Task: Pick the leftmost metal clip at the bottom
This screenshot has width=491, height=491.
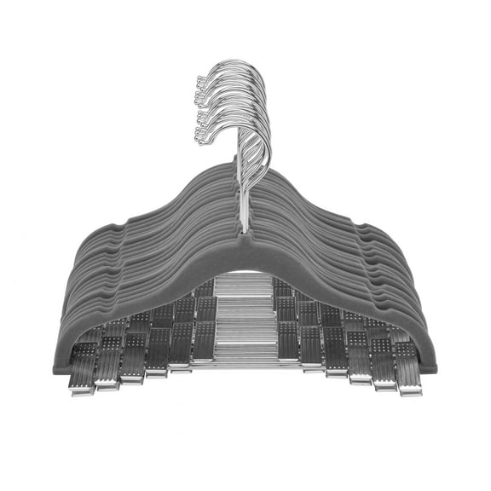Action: tap(82, 375)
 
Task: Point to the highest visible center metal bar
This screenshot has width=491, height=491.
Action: tap(244, 278)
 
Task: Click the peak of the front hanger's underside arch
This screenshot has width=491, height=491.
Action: tap(244, 271)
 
